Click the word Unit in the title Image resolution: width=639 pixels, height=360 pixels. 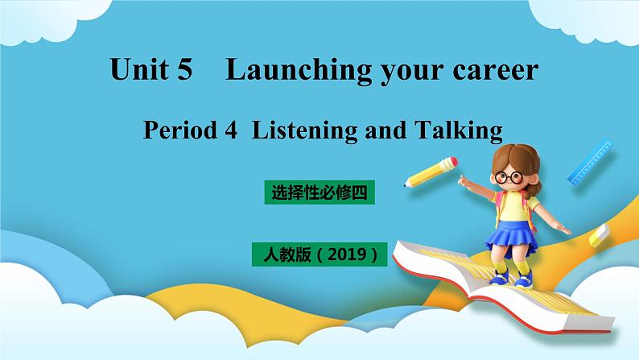[138, 71]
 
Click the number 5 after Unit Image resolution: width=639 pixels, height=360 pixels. [183, 71]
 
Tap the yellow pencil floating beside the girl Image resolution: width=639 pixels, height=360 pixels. [430, 171]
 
